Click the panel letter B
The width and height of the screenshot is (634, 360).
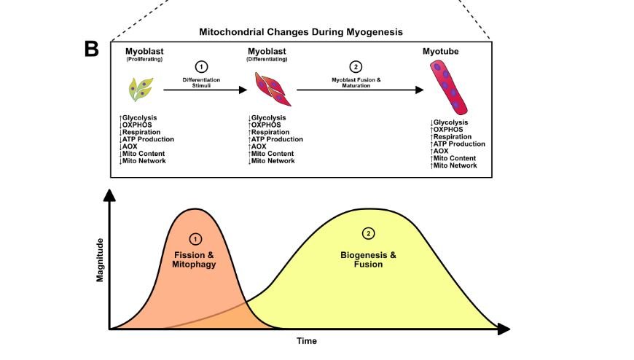tap(91, 49)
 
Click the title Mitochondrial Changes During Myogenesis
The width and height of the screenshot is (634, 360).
tap(301, 32)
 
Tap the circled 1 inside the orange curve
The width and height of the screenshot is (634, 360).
tap(195, 238)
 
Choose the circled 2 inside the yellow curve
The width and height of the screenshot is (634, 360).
tap(368, 233)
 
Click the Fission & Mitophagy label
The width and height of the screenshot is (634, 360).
tap(195, 259)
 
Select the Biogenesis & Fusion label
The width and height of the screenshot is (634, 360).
tap(368, 259)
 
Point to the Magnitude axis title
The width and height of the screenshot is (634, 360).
tap(100, 259)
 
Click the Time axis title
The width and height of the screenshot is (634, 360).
tap(306, 340)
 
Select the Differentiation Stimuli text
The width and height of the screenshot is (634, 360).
tap(202, 82)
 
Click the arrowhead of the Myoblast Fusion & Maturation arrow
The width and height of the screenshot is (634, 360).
tap(419, 90)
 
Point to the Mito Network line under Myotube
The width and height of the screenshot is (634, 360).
tap(455, 165)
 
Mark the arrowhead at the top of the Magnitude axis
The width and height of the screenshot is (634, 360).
tap(109, 195)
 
